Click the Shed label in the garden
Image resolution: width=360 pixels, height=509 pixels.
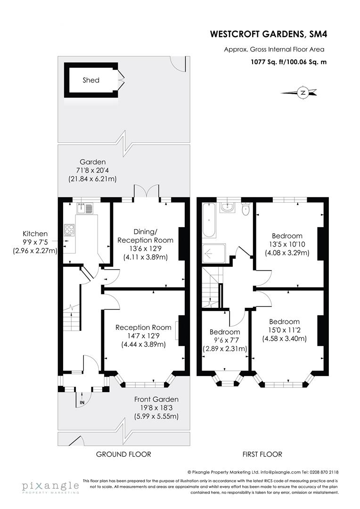tap(91, 80)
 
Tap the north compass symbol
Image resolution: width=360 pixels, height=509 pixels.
tap(303, 92)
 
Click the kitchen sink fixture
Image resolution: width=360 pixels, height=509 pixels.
tap(85, 208)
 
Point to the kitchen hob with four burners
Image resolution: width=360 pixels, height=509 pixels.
tap(69, 230)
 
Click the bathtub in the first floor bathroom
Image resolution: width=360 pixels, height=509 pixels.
tap(209, 220)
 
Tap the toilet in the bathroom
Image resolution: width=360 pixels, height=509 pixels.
tap(245, 210)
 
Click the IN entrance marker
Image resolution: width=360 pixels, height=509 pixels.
tap(82, 402)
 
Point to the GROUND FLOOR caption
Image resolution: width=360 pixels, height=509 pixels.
tap(123, 454)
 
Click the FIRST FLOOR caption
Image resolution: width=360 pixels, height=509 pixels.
tap(262, 454)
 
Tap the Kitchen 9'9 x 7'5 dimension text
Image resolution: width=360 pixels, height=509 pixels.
tap(35, 242)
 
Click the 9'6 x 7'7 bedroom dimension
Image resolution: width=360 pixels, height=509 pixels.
tap(224, 340)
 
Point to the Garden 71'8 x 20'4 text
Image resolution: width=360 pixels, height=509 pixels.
tap(92, 170)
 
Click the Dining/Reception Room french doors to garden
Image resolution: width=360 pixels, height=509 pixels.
tap(147, 192)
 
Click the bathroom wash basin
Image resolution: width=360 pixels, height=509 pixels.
tap(228, 207)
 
